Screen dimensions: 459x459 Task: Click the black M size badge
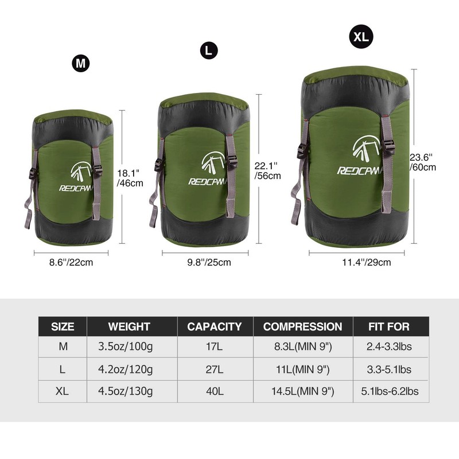(81, 64)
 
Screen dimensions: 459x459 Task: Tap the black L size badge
(209, 50)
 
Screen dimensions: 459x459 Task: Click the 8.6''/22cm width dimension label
(71, 263)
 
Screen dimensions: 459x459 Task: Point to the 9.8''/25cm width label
(209, 263)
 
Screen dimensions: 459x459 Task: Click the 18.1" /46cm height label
(130, 178)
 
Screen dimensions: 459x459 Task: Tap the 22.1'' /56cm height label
(267, 170)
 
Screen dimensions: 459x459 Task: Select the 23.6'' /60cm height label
(423, 162)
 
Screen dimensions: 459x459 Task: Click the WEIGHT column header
(129, 326)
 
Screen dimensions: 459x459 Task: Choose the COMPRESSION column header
(302, 326)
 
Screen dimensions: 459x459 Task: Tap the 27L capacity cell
(214, 369)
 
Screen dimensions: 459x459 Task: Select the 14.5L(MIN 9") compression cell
(302, 391)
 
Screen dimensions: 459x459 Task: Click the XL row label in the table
(63, 391)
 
